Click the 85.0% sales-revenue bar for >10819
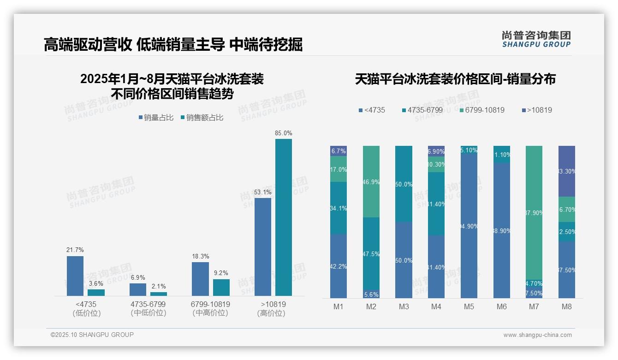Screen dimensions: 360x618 click(284, 217)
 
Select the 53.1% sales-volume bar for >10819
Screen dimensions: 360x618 click(263, 246)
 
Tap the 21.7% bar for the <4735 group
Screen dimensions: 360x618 click(75, 276)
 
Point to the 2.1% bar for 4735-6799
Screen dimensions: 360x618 click(159, 294)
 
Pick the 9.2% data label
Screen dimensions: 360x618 click(221, 273)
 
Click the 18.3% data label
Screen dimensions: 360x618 click(200, 256)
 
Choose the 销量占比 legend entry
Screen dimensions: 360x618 click(156, 118)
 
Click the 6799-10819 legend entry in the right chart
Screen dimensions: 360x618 click(482, 110)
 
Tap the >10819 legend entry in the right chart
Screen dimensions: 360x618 click(537, 110)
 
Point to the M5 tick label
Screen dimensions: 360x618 click(469, 306)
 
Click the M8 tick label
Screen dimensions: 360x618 click(566, 306)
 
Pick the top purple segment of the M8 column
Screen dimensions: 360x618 click(567, 171)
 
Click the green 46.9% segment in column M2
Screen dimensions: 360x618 click(371, 181)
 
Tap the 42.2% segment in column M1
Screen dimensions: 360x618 click(339, 266)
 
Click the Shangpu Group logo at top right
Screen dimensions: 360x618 click(536, 39)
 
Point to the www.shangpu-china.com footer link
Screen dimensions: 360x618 click(537, 335)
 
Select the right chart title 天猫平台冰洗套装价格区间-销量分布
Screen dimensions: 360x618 click(455, 79)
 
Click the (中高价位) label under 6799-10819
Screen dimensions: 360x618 click(210, 313)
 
